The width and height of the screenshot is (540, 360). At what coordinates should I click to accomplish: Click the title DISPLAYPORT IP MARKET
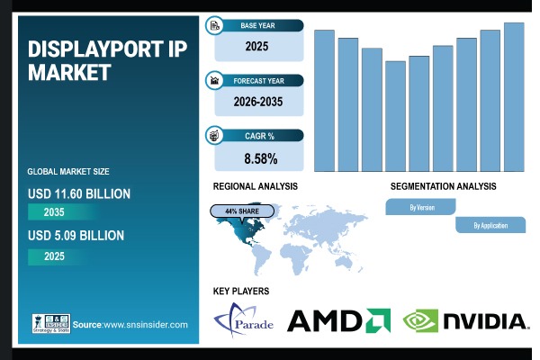107,59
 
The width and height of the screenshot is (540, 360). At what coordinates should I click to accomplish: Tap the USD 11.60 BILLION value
80,193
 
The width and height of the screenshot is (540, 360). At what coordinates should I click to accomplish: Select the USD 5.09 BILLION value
76,236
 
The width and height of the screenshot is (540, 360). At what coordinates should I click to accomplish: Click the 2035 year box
57,213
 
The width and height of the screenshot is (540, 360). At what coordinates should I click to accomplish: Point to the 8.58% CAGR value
259,158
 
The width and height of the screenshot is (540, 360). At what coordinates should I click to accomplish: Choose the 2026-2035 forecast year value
258,102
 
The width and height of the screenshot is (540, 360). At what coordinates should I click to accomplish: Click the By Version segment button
422,207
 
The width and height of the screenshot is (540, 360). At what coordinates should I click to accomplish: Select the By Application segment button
490,226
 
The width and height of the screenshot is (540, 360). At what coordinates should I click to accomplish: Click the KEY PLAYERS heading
241,291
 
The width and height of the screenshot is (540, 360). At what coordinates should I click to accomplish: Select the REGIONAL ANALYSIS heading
256,186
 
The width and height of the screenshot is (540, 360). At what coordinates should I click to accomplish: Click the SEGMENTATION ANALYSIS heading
443,186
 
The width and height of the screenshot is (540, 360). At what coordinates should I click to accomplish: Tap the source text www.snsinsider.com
130,324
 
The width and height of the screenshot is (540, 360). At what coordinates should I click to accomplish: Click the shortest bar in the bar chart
395,116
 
